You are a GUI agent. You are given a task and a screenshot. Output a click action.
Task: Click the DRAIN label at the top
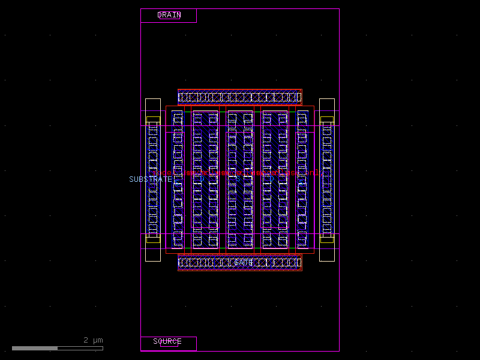click(169, 15)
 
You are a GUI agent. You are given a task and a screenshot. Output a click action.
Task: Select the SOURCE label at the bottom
click(167, 341)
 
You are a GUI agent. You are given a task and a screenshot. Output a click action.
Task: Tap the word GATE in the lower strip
click(243, 263)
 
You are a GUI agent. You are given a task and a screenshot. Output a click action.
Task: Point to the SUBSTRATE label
click(150, 179)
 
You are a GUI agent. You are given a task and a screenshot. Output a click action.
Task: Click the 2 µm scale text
click(93, 340)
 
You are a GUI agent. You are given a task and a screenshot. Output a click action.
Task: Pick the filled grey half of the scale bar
click(35, 348)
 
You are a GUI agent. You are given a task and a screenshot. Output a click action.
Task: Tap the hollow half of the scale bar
click(80, 348)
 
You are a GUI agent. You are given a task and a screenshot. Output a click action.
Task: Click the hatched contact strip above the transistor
click(239, 97)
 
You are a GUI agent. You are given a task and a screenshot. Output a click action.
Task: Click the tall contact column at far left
click(153, 179)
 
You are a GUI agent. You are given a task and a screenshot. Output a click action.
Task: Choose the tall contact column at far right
click(326, 179)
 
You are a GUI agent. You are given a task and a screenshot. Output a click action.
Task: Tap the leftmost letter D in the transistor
click(202, 179)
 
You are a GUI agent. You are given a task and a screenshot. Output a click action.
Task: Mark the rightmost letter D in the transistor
click(271, 179)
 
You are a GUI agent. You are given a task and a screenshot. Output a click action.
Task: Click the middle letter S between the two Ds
click(238, 179)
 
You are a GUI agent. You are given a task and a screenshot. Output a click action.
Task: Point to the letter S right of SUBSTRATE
click(176, 179)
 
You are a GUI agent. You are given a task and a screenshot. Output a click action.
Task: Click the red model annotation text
click(240, 173)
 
